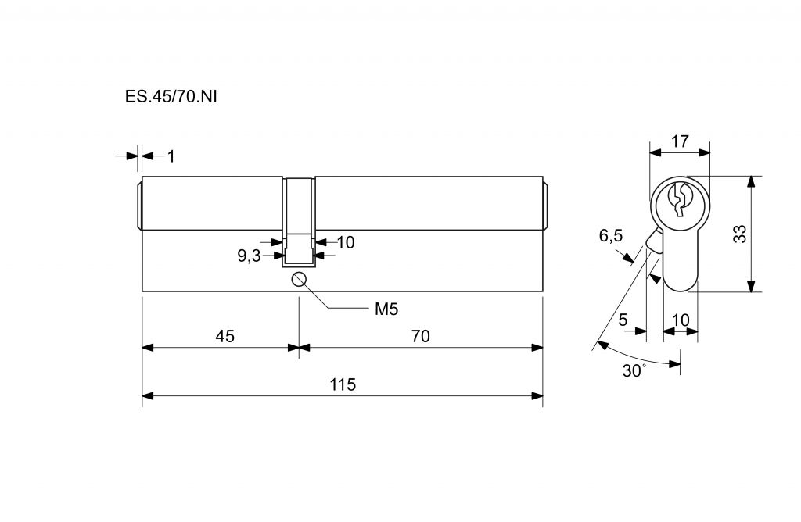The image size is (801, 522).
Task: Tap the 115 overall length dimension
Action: [343, 384]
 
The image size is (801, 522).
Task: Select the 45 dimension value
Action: [224, 336]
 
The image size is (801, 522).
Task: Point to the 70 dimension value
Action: [421, 336]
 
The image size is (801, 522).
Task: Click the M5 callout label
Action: [386, 309]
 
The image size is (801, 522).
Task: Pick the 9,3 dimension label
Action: [250, 256]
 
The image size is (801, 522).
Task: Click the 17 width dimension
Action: [680, 141]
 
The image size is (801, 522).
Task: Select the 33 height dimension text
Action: [740, 234]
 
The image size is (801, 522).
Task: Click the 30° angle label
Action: [634, 370]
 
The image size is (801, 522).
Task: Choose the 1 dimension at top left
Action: [171, 156]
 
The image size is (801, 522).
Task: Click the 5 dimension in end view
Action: [623, 320]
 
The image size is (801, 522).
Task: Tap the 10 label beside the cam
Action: [345, 242]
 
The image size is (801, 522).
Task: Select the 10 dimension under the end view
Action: [681, 320]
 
